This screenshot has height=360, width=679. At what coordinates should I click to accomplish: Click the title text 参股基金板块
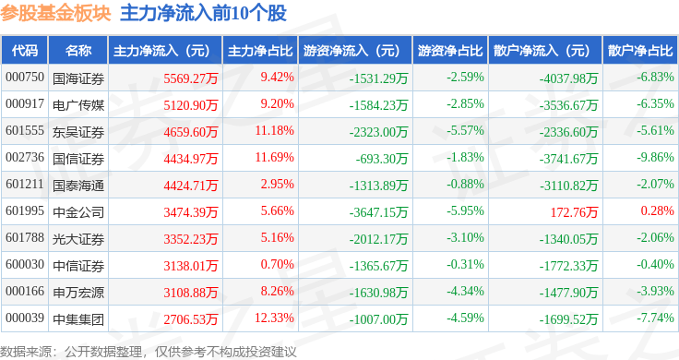56,13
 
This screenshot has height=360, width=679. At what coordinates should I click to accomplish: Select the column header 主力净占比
259,50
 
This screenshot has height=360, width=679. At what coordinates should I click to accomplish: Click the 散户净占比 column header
640,50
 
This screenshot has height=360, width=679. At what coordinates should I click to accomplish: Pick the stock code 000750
25,77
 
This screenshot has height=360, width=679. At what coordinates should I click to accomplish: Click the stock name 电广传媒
78,104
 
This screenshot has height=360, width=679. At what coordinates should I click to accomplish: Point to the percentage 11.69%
276,158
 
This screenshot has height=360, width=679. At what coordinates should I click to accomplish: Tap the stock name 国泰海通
78,186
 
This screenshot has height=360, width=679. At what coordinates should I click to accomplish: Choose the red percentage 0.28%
658,212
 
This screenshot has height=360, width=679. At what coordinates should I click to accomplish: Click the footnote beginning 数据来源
148,351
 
